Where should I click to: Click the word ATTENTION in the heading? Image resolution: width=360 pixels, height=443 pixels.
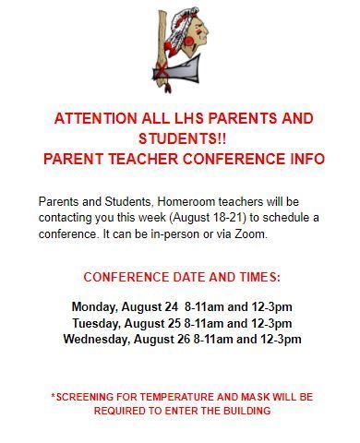[x=96, y=119]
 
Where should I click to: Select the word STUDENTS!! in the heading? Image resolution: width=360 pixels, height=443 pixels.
[x=180, y=138]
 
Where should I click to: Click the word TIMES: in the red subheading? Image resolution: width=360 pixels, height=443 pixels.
[x=254, y=277]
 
